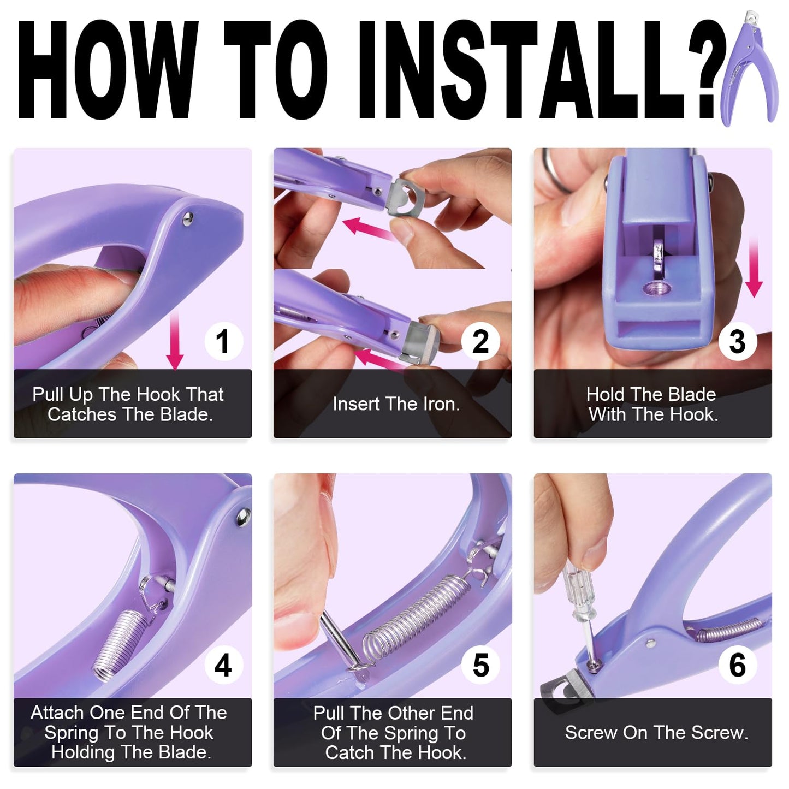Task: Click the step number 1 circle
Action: pyautogui.click(x=223, y=341)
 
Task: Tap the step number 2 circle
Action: pyautogui.click(x=480, y=341)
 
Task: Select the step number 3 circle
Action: pyautogui.click(x=737, y=341)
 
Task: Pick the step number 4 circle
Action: pyautogui.click(x=223, y=665)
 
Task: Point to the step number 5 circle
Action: pyautogui.click(x=480, y=665)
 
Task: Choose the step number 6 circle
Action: pyautogui.click(x=737, y=665)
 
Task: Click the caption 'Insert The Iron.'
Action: pyautogui.click(x=396, y=404)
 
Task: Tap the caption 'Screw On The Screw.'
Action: pyautogui.click(x=656, y=732)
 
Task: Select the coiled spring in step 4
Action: pyautogui.click(x=120, y=644)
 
